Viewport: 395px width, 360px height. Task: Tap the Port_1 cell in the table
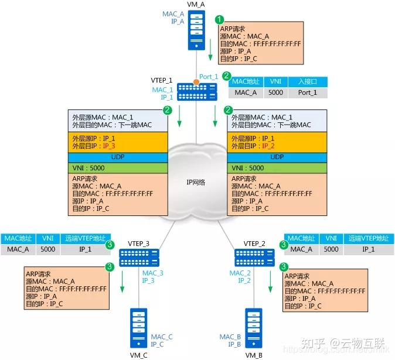pos(307,92)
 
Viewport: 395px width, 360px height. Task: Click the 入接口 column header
pos(307,82)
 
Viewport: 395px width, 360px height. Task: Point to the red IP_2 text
pos(268,146)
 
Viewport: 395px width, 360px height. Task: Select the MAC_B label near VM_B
pos(230,337)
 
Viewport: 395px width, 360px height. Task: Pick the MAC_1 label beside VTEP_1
pos(162,90)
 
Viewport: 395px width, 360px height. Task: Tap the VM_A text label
pos(196,5)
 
